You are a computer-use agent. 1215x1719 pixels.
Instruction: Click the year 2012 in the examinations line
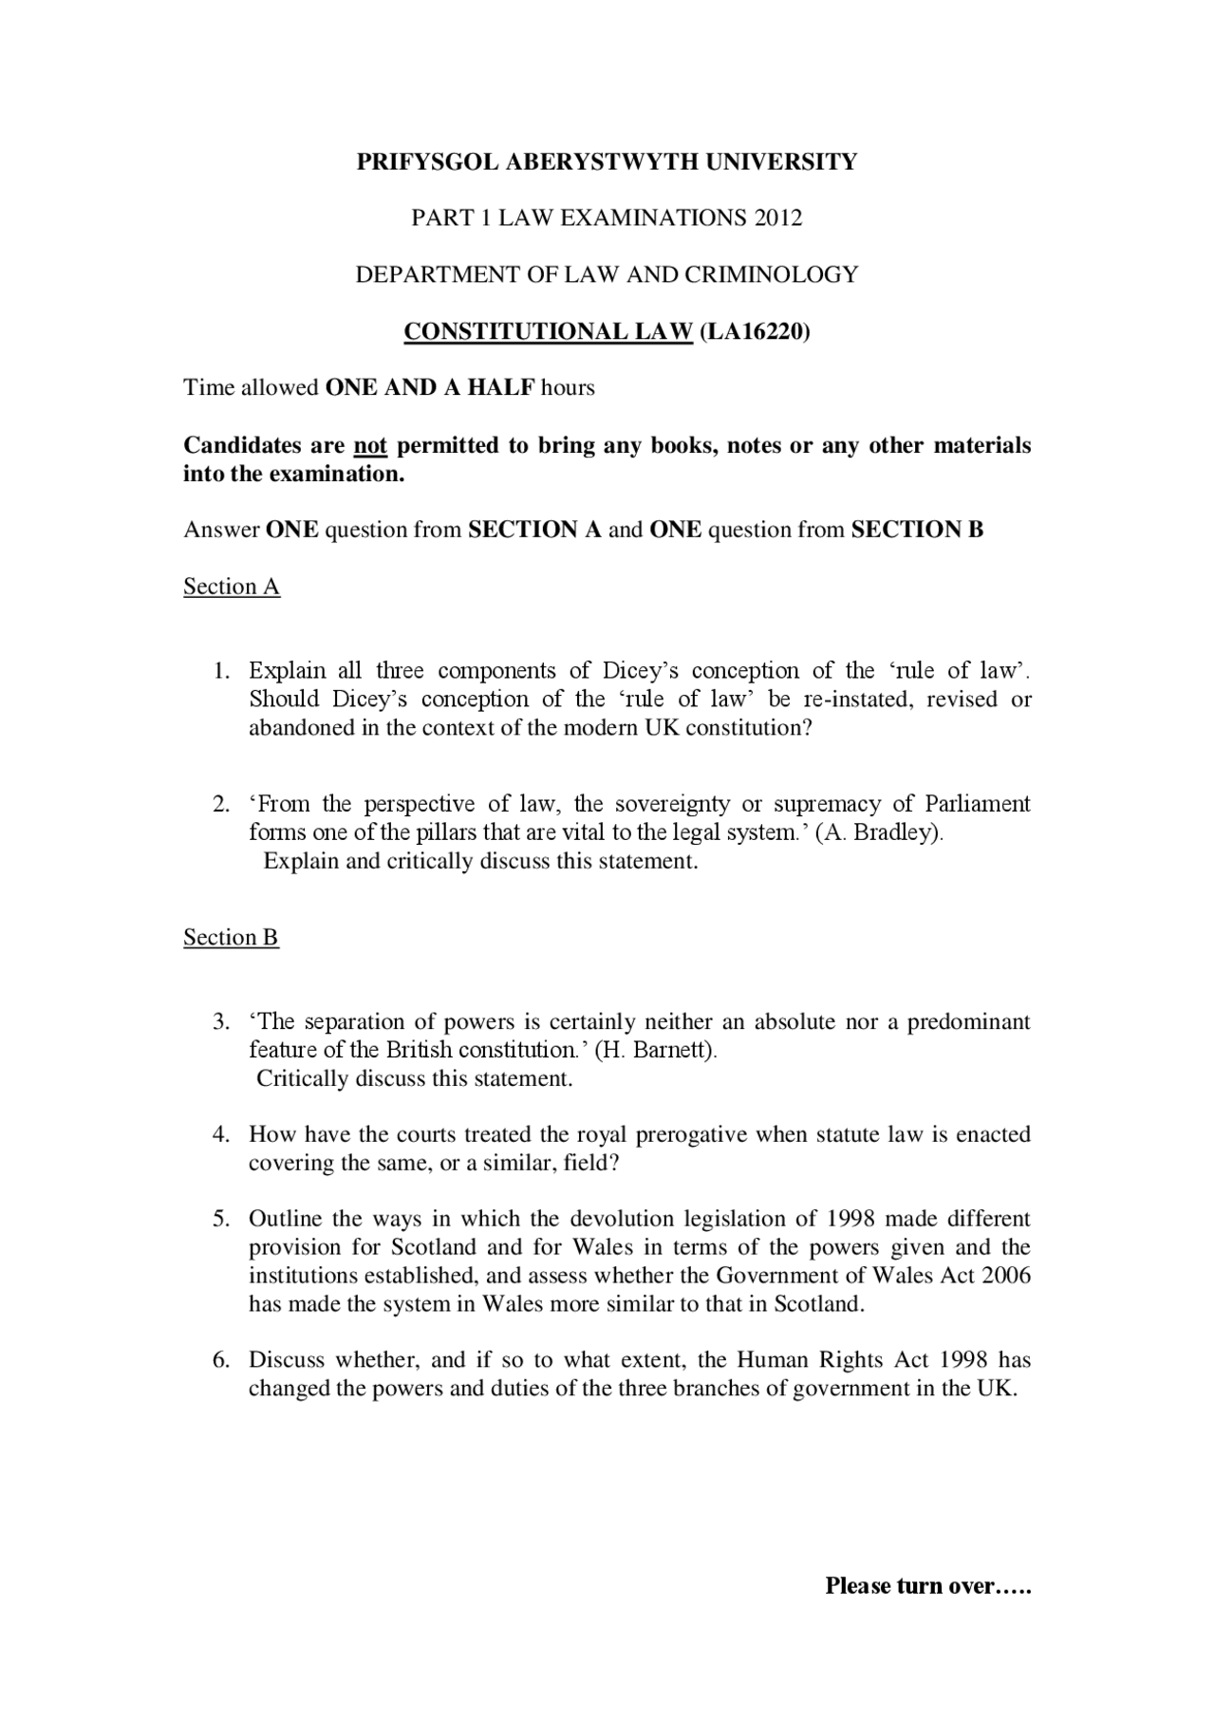pos(777,218)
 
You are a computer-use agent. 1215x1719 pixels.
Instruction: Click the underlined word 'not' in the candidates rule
pos(370,445)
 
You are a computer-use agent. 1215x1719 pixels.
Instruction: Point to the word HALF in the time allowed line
pos(504,388)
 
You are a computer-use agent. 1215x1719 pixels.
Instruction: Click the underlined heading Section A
pos(232,587)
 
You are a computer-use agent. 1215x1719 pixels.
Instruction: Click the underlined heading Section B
pos(231,938)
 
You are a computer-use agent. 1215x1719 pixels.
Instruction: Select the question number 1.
pos(220,671)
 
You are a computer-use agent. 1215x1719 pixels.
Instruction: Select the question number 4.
pos(220,1135)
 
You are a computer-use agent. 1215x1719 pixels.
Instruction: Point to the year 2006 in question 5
pos(1006,1276)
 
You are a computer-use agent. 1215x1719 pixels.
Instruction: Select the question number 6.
pos(220,1360)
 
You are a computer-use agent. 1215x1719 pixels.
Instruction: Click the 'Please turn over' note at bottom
pos(927,1586)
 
